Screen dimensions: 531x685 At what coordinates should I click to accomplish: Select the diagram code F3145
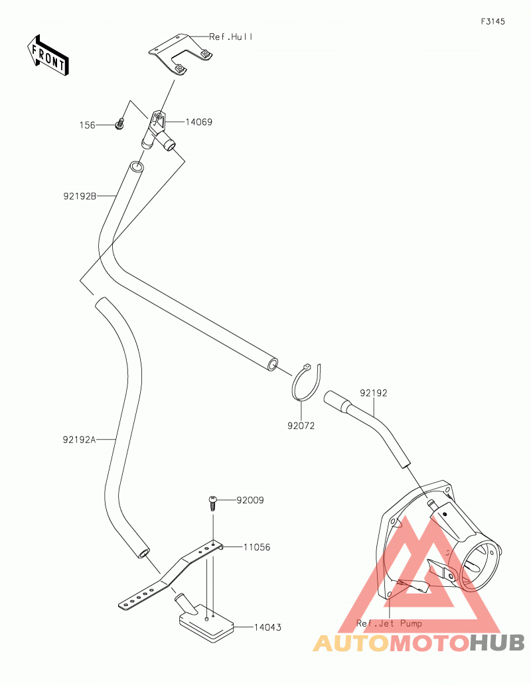tap(493, 21)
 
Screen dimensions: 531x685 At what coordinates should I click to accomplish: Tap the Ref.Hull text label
tap(231, 36)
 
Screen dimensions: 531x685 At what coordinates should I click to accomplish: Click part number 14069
tap(199, 122)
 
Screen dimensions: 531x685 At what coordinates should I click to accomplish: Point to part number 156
tap(87, 125)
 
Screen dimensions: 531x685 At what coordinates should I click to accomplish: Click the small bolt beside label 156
tap(119, 124)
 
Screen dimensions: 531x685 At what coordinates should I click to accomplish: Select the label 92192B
tap(80, 196)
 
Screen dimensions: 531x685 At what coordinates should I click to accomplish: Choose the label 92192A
tap(79, 440)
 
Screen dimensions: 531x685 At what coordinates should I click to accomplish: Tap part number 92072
tap(301, 426)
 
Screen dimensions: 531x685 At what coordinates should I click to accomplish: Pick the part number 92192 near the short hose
tap(374, 393)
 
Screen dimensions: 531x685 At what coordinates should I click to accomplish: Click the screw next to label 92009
tap(213, 503)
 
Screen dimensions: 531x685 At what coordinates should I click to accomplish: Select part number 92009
tap(250, 500)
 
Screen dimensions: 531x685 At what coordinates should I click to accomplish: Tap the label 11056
tap(257, 547)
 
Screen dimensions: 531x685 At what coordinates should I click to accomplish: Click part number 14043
tap(267, 627)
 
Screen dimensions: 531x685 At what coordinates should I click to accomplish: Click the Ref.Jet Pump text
tap(389, 623)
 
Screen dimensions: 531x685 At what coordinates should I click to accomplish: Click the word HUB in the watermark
tap(497, 643)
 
